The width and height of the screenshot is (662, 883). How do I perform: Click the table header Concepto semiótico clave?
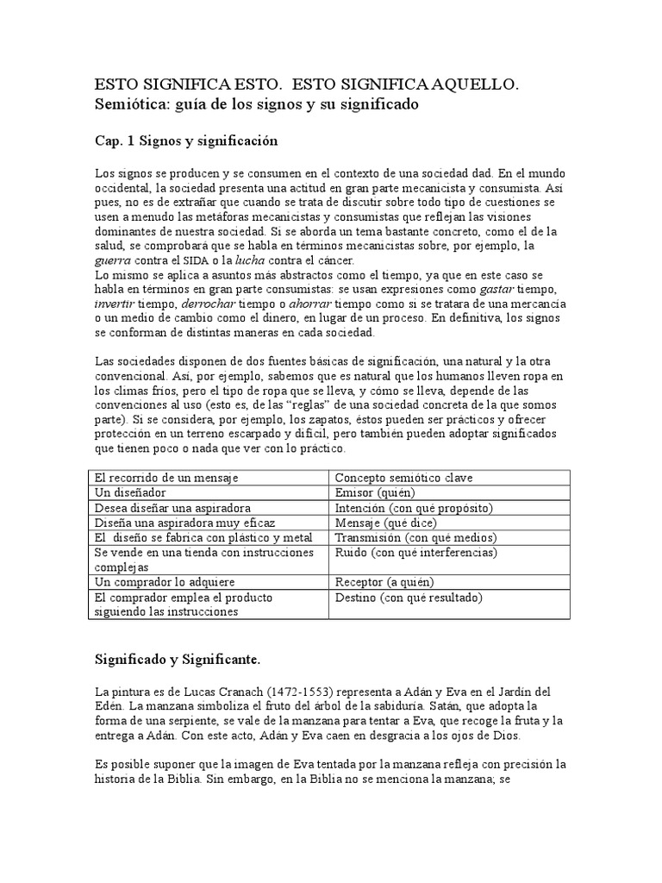click(x=403, y=478)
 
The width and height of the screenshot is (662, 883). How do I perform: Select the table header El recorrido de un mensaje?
click(x=166, y=478)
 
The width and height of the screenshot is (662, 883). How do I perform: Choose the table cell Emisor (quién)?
click(x=375, y=492)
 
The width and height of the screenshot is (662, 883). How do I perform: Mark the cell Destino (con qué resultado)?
click(x=409, y=597)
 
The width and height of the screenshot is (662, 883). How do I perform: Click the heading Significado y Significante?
click(x=177, y=660)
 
